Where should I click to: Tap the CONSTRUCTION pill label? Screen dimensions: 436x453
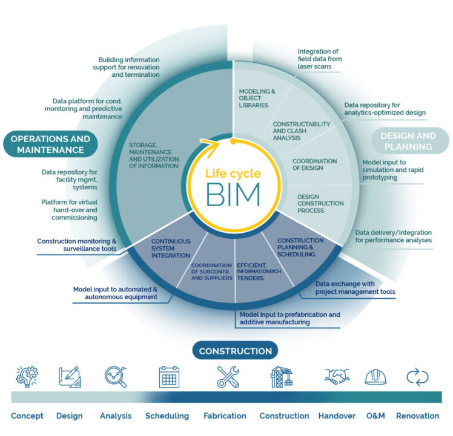[x=235, y=351]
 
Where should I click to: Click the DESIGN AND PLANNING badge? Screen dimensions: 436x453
[x=408, y=142]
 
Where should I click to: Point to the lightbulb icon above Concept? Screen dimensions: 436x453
[x=27, y=377]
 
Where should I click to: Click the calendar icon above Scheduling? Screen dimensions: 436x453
[x=169, y=377]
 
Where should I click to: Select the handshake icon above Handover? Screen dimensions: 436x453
[x=337, y=377]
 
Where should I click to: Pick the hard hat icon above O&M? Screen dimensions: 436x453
[x=375, y=377]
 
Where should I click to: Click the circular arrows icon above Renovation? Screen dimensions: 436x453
[x=417, y=377]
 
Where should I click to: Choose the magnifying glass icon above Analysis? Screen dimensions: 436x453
[x=115, y=377]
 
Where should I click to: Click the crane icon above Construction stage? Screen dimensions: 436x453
[x=282, y=377]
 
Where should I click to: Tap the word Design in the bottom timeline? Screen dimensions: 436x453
[x=69, y=415]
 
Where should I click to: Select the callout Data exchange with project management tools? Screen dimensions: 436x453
[x=355, y=287]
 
